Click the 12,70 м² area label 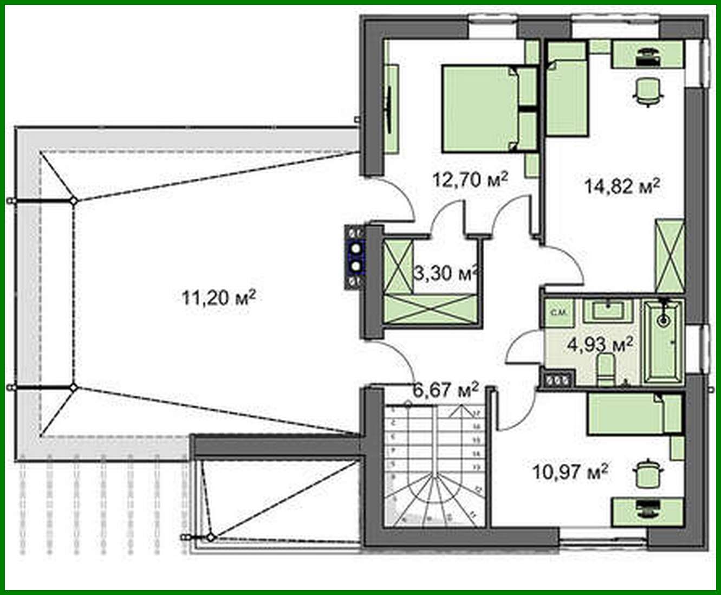pos(470,179)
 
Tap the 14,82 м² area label pos(622,187)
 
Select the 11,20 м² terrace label pos(218,297)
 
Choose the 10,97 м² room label pos(569,472)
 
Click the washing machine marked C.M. pos(557,313)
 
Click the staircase pos(428,466)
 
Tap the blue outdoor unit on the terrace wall pos(355,257)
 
